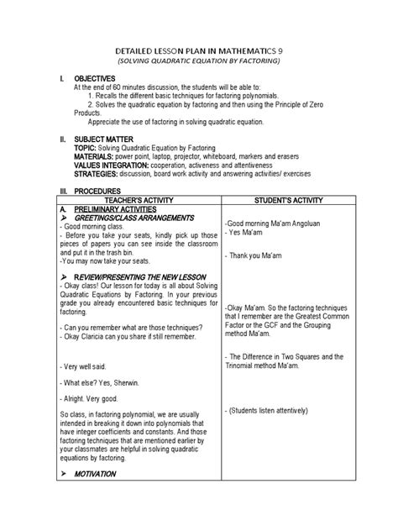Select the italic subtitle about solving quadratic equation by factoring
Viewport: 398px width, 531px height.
click(x=198, y=63)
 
